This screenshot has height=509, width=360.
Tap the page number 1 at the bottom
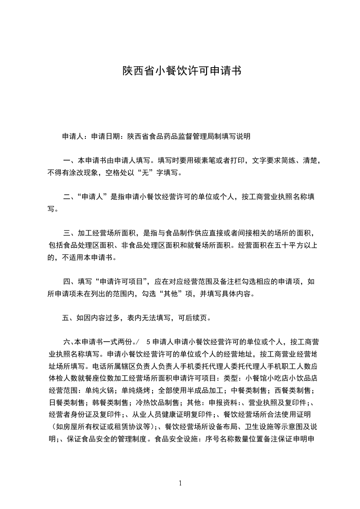coord(180,483)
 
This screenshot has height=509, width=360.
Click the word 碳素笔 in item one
coord(212,161)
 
